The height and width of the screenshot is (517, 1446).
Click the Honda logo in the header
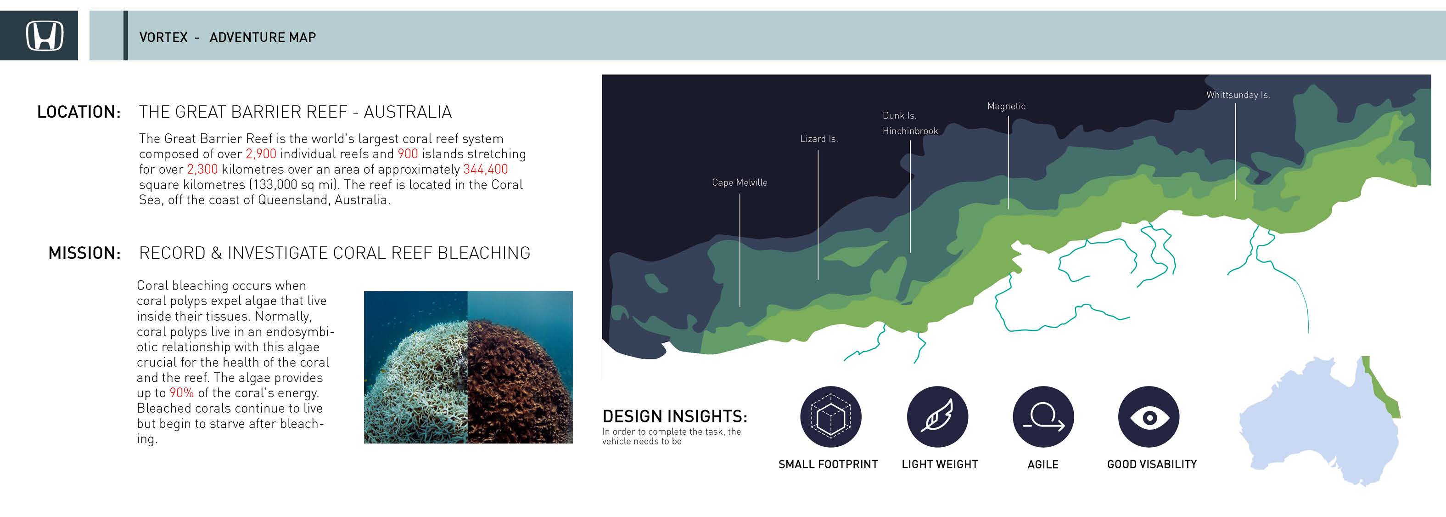tap(45, 35)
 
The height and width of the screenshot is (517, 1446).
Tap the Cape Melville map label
tap(739, 182)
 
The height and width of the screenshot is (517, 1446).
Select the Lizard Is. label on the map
tap(819, 139)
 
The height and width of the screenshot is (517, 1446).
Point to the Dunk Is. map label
tap(899, 116)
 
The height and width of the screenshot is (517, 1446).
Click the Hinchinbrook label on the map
tap(910, 131)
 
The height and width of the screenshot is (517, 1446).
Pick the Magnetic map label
tap(1006, 106)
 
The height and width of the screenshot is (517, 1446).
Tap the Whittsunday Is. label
tap(1238, 95)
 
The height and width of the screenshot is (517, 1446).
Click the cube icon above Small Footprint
tap(830, 417)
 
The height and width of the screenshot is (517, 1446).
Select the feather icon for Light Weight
tap(937, 417)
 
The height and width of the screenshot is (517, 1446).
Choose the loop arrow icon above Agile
tap(1043, 417)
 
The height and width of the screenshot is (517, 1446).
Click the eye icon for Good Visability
tap(1149, 417)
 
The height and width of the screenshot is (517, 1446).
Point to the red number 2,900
tap(261, 154)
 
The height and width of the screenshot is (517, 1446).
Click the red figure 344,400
tap(485, 169)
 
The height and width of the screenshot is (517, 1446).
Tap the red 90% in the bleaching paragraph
tap(181, 393)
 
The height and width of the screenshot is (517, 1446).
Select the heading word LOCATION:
tap(79, 112)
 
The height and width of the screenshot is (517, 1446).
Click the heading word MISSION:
tap(85, 253)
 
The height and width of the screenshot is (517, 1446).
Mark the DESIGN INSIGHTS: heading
tap(675, 416)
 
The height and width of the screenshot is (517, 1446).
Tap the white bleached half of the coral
tap(415, 382)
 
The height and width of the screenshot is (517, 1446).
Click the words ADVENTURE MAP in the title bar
tap(263, 37)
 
